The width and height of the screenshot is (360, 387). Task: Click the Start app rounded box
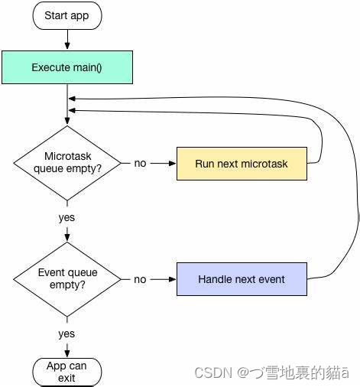[x=66, y=15]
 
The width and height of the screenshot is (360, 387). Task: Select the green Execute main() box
[x=66, y=67]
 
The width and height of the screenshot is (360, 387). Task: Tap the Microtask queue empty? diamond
[x=66, y=163]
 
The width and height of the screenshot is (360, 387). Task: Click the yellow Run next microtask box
[x=242, y=164]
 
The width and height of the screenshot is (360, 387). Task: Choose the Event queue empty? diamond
[x=66, y=279]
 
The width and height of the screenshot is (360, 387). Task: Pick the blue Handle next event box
[x=242, y=279]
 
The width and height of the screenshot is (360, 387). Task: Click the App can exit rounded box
[x=66, y=372]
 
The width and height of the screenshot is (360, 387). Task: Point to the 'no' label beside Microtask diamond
[x=140, y=164]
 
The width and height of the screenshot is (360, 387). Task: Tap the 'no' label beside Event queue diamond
[x=140, y=280]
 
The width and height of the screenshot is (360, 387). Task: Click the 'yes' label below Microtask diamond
[x=66, y=217]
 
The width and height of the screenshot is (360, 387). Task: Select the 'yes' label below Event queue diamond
[x=66, y=333]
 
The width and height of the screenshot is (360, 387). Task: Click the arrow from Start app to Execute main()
[x=66, y=38]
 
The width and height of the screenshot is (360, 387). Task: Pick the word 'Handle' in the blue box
[x=216, y=279]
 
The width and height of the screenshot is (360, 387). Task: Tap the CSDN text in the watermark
[x=212, y=372]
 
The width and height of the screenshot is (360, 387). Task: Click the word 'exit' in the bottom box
[x=66, y=378]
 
